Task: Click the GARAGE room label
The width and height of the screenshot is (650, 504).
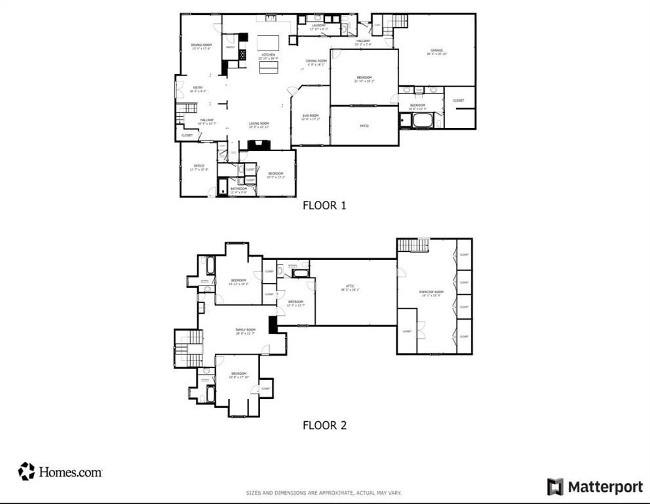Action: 436,51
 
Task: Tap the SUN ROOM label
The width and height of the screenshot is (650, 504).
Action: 310,115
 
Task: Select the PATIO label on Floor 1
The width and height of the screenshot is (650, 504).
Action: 364,125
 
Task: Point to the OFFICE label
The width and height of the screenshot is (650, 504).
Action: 199,166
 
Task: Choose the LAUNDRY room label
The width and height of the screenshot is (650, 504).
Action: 319,26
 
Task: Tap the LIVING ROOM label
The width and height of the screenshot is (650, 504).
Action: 259,124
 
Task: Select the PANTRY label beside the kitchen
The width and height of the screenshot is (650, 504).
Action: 230,47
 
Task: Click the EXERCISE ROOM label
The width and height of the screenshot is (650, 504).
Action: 431,291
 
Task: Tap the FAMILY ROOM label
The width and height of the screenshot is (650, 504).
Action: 246,330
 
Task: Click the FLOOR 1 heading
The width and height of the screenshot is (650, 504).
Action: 324,205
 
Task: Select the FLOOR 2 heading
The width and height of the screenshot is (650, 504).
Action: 324,425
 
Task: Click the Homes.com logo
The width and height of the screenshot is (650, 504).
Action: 60,471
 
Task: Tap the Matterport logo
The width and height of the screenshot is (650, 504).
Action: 595,486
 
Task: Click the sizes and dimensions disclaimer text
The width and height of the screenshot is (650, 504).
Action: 324,493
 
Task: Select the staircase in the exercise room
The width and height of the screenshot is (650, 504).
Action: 412,245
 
